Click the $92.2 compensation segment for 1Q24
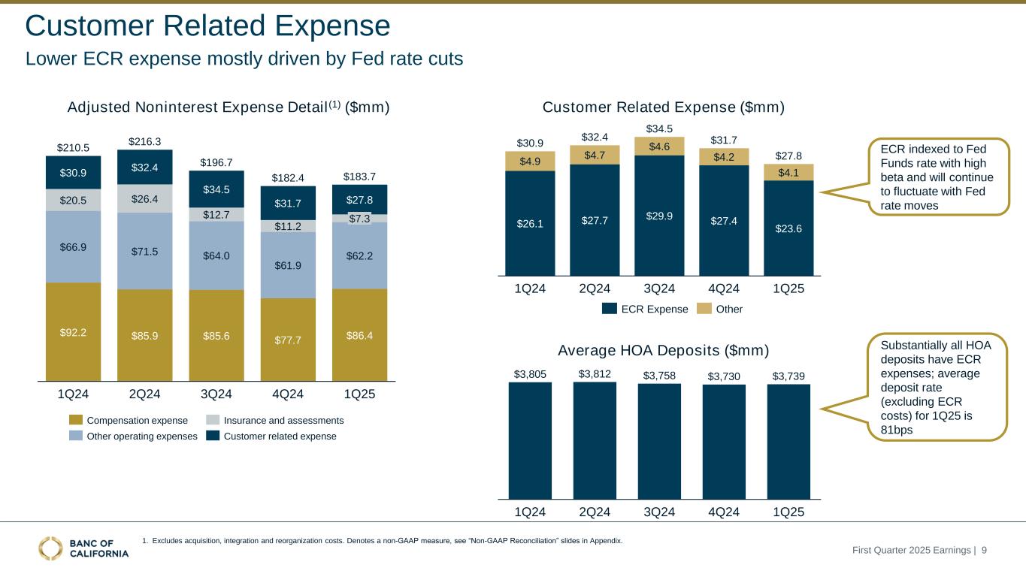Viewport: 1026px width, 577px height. point(73,331)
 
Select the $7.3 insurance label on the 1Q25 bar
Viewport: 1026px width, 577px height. point(359,218)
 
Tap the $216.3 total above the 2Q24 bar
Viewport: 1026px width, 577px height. point(144,140)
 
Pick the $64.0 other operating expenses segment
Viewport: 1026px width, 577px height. point(216,255)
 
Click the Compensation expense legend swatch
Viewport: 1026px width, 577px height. point(77,420)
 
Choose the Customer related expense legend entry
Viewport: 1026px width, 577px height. point(271,436)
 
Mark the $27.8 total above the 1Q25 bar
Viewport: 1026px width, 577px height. point(788,156)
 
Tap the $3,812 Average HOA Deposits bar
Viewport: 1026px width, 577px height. point(595,440)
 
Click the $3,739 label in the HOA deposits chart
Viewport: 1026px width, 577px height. point(788,374)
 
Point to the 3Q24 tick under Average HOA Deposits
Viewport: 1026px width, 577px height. point(658,512)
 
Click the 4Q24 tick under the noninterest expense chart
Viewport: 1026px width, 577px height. point(288,394)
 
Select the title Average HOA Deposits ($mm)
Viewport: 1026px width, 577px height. point(664,350)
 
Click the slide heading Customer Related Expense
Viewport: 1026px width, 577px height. point(208,26)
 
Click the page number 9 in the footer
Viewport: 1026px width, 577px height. point(984,551)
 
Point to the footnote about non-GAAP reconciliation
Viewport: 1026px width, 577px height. point(382,541)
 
